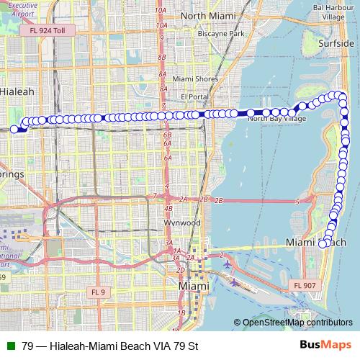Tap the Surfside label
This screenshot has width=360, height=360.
[x=336, y=42]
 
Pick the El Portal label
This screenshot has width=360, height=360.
[x=194, y=96]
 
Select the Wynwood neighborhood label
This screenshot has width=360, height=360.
[x=182, y=223]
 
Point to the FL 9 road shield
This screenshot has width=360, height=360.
[x=98, y=292]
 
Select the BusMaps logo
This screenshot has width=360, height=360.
[x=325, y=345]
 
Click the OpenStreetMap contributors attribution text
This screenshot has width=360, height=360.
[x=296, y=323]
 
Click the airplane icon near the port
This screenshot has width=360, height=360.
[x=229, y=263]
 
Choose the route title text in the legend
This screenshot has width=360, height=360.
[x=109, y=346]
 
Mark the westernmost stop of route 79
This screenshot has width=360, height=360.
[x=14, y=129]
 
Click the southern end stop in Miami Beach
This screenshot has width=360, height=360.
[x=322, y=244]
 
